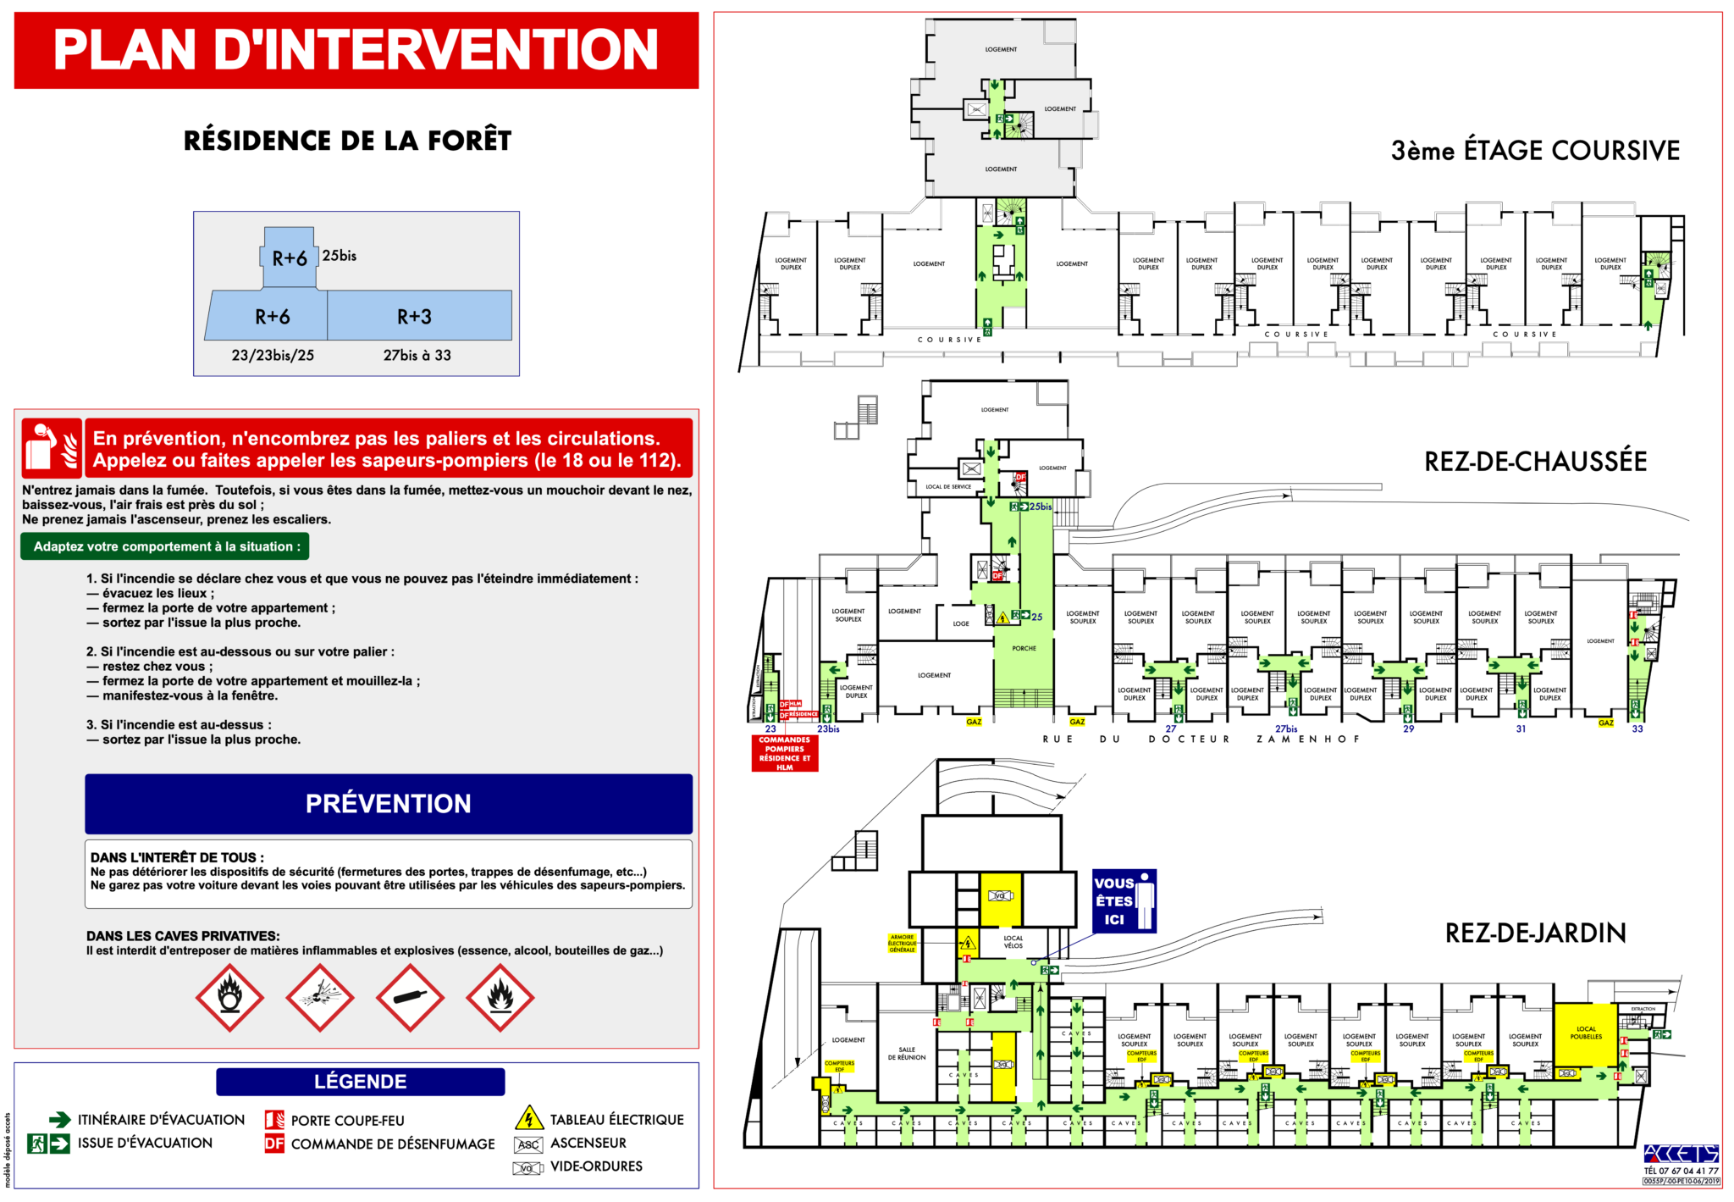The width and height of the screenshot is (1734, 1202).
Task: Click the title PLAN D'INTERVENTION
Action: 356,50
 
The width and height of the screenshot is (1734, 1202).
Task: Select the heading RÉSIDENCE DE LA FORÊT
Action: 347,141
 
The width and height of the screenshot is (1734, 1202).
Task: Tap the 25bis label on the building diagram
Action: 339,256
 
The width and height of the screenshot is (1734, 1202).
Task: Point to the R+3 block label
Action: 415,317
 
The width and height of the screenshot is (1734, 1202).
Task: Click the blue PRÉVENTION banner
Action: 388,803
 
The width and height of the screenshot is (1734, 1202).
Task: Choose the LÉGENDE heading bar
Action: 360,1082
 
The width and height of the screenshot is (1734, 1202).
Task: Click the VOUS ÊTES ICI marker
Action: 1124,901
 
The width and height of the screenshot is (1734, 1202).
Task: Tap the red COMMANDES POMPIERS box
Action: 784,753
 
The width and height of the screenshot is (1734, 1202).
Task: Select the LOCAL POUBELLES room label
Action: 1586,1033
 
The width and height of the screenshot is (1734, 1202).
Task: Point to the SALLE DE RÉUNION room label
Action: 907,1053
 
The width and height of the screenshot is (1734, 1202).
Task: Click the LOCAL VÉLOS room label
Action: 1013,941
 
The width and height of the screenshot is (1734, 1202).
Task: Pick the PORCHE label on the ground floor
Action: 1024,648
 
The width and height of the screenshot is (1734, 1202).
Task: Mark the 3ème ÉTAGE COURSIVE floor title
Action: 1535,151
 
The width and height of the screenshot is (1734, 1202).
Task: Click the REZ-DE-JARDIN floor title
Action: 1535,933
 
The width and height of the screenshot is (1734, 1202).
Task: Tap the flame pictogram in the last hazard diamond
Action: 500,997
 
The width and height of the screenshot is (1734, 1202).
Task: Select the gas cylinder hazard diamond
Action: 410,997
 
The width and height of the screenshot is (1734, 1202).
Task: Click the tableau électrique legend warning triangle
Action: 528,1118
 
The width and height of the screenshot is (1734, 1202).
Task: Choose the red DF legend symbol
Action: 274,1144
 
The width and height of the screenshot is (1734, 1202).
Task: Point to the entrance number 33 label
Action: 1637,728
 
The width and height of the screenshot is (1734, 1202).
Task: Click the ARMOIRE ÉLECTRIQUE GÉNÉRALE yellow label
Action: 902,943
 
